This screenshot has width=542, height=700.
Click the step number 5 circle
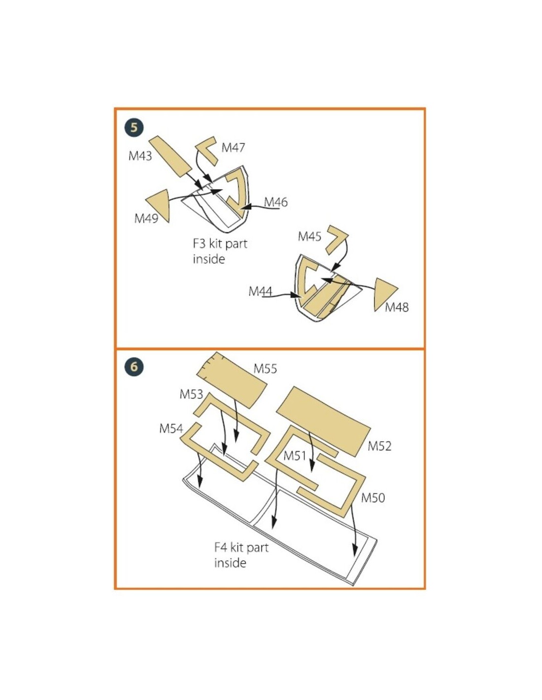point(134,128)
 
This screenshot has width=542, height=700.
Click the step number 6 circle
point(134,367)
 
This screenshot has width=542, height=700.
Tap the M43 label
point(140,156)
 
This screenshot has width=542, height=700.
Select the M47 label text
point(234,148)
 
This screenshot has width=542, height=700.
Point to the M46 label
point(275,202)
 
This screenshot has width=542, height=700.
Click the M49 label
point(146,219)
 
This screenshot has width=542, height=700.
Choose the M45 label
point(309,236)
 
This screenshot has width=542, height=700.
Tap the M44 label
point(261,291)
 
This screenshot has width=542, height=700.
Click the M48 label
point(397,307)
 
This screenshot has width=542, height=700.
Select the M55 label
point(266,369)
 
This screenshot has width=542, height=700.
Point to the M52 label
point(379,446)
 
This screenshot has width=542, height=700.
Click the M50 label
point(373,498)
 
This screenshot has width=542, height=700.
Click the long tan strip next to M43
point(170,156)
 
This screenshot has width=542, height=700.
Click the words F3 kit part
point(220,244)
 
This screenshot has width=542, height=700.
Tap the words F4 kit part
point(241,547)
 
